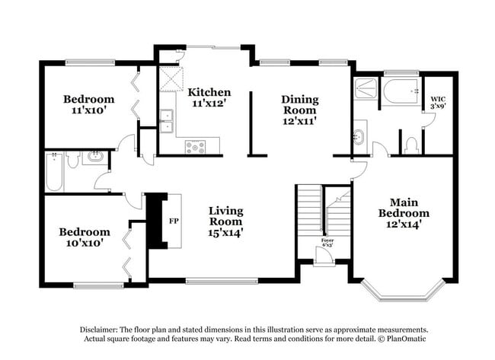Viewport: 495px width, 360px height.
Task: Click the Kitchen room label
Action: point(209,92)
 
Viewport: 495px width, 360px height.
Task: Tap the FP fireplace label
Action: point(174,221)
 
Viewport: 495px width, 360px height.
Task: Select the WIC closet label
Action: point(438,100)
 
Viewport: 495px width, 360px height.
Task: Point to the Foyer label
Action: point(327,241)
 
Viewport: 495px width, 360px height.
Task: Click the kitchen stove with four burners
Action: point(196,147)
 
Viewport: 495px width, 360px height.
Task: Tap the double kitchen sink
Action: point(166,121)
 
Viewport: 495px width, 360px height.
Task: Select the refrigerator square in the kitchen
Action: point(171,79)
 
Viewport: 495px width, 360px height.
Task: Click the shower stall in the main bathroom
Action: point(366,88)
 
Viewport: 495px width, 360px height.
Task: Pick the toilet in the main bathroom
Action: point(411,146)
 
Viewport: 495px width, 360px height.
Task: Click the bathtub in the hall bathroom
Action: point(54,172)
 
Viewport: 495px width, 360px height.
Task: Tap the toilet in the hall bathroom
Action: point(73,159)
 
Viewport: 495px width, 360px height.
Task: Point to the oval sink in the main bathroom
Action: point(359,137)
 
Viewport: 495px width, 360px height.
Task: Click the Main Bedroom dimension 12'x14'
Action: point(404,225)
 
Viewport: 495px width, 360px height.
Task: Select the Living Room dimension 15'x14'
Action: point(225,233)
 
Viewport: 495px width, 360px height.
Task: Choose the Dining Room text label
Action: point(300,105)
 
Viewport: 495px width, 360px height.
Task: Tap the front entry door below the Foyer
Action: point(324,254)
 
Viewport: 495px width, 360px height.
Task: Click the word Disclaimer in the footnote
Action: point(99,330)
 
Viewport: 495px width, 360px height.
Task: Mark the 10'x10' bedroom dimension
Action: point(85,243)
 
